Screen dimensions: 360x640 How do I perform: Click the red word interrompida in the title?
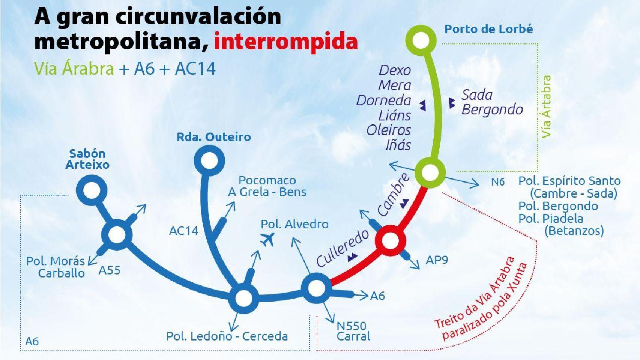pos(286,42)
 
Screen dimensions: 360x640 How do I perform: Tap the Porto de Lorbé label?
pos(488,29)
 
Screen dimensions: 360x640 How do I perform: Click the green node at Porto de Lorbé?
pos(421,40)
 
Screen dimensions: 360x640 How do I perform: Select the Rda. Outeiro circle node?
pos(209,160)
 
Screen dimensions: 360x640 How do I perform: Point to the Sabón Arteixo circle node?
pos(92,190)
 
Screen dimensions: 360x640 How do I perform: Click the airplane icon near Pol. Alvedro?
pos(267,239)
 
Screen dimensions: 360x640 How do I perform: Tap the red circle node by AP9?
pos(391,240)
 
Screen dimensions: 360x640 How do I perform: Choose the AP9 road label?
pos(437,260)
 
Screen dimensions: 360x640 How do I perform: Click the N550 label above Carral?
pos(351,326)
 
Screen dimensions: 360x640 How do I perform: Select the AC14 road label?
pos(183,231)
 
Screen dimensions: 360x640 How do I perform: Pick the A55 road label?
pos(109,270)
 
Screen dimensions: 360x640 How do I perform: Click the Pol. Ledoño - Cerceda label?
pos(227,336)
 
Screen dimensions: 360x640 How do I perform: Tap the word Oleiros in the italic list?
pos(388,130)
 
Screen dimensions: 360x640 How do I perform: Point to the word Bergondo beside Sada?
pos(492,109)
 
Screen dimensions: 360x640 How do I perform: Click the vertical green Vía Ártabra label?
pos(546,107)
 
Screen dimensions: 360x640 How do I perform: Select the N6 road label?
pos(498,182)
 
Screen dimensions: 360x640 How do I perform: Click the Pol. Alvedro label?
pos(294,224)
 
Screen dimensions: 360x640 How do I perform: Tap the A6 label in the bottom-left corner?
pos(32,341)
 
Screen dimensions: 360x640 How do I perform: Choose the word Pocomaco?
pos(267,180)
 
